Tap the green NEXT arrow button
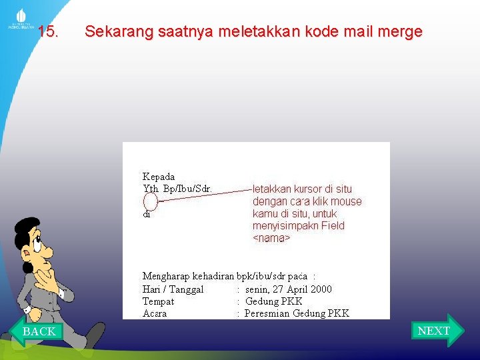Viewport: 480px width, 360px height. coord(436,331)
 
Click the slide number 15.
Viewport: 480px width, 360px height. coord(48,31)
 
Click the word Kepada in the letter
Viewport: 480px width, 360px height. coord(159,177)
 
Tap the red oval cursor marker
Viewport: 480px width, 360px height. coord(151,201)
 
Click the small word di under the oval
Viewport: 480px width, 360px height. coord(146,215)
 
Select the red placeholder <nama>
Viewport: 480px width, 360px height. coord(271,238)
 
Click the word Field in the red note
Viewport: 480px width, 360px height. coord(333,226)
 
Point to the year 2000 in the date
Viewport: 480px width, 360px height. coord(321,289)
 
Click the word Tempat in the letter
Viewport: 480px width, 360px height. coord(158,301)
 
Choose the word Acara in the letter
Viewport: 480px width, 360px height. coord(155,313)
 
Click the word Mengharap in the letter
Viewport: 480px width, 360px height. coord(166,276)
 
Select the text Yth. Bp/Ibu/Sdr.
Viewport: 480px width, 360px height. coord(177,189)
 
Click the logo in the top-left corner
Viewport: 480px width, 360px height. coord(20,18)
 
